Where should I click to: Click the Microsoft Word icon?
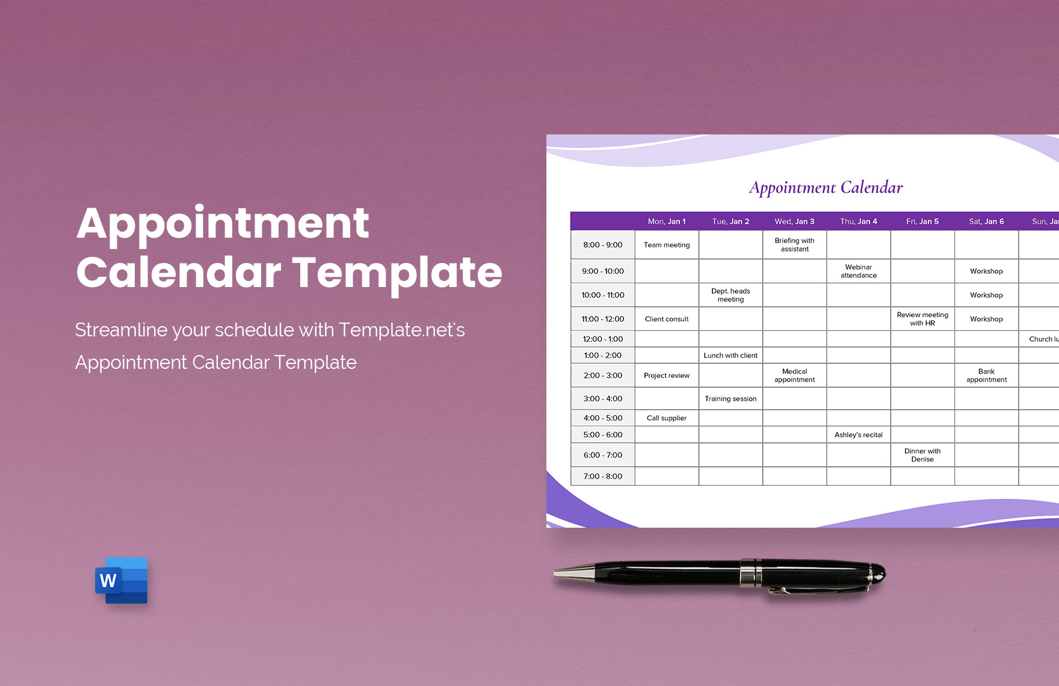point(122,580)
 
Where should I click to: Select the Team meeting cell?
point(667,245)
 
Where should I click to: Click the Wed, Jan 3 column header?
point(794,221)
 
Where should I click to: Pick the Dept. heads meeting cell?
point(730,295)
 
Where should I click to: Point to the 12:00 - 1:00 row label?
point(603,339)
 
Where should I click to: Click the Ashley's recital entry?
point(858,434)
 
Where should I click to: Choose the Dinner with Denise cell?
point(922,455)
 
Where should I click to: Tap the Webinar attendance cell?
point(858,271)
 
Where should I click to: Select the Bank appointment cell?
point(986,375)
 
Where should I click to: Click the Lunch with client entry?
point(730,355)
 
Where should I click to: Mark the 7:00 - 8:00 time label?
point(603,476)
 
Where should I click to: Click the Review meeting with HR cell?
point(922,319)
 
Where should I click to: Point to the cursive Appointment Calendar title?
point(826,188)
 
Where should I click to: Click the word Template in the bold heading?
point(397,273)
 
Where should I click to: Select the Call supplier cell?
point(667,418)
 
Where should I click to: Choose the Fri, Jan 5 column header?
point(922,221)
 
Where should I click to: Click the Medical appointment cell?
point(794,375)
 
